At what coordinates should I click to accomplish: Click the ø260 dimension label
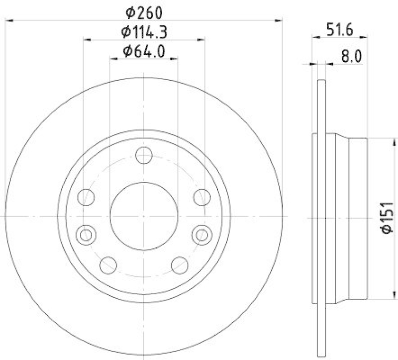tap(143, 11)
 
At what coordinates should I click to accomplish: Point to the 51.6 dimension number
tap(340, 29)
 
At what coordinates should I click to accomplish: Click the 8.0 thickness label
tap(351, 56)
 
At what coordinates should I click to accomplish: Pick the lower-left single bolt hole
tap(107, 265)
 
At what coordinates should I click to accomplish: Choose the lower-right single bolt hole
tap(180, 265)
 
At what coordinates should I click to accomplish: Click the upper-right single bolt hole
tap(201, 197)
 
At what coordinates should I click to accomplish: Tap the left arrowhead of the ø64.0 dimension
tap(112, 59)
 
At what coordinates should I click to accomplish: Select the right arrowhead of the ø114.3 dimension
tap(201, 39)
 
